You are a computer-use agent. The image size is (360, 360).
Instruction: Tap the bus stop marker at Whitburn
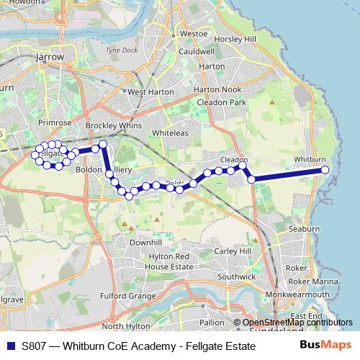tap(325, 170)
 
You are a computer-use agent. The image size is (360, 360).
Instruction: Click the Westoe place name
tap(194, 33)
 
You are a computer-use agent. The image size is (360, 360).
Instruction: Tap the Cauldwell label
tap(197, 52)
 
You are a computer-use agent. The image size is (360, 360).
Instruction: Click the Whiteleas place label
tap(170, 134)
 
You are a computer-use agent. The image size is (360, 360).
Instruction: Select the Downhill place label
tap(145, 243)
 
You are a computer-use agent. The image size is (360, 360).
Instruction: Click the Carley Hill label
tap(233, 251)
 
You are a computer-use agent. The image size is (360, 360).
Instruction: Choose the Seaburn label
tap(303, 228)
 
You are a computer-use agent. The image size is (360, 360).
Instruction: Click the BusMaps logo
tap(325, 346)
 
